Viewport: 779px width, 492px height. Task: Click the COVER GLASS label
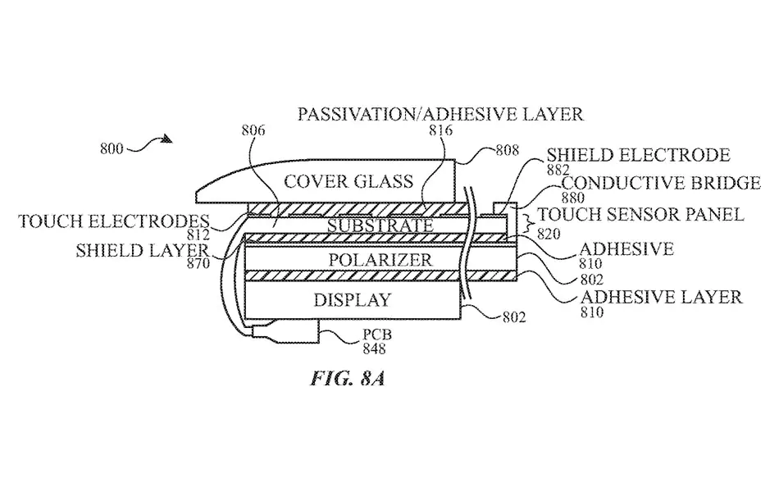pos(348,181)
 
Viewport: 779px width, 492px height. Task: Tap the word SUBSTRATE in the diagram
pos(380,225)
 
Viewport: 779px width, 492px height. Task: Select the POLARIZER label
pos(380,259)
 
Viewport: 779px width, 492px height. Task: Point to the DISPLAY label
pos(353,299)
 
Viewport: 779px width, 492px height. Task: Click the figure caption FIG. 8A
pos(348,379)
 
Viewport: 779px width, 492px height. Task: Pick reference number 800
pos(112,148)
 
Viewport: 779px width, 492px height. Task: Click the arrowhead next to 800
pos(167,139)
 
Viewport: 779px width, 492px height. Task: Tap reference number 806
pos(253,130)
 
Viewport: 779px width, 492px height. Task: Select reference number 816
pos(441,130)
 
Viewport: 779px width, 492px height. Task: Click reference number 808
pos(508,150)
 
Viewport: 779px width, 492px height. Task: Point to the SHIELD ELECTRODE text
pos(639,155)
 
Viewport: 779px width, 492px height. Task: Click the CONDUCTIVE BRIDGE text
pos(661,183)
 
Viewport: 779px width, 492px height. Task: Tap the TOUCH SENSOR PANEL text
pos(641,214)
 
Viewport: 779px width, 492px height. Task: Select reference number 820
pos(549,234)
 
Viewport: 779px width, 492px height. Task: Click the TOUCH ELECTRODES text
pos(114,221)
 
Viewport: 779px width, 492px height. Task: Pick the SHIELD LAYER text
pos(142,250)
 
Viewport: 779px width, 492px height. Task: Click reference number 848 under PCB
pos(374,348)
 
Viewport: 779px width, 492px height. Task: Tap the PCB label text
pos(376,335)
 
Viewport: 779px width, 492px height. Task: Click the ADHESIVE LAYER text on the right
pos(661,297)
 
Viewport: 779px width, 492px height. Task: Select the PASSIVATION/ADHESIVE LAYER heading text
pos(440,114)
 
